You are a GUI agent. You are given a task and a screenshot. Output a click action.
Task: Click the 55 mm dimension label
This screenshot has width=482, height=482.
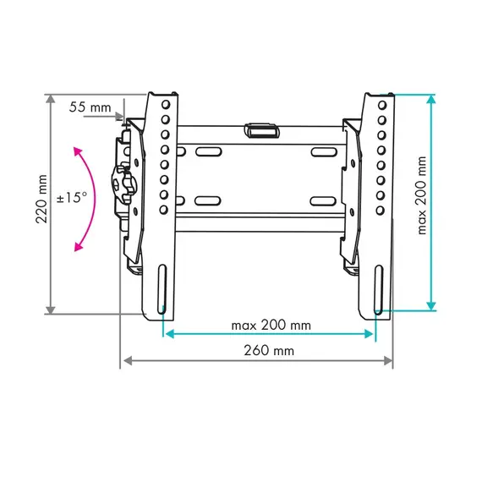90,107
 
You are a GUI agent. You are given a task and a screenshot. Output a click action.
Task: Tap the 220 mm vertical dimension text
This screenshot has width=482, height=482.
41,199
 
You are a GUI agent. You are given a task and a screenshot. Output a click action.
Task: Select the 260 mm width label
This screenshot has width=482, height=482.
269,350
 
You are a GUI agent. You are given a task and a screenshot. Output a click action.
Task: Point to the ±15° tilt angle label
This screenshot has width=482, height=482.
72,197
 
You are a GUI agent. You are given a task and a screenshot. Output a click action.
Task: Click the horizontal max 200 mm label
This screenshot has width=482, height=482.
271,326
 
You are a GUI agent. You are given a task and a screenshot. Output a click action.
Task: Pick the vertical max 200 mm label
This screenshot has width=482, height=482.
422,195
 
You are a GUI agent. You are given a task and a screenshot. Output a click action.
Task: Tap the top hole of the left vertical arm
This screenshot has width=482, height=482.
166,105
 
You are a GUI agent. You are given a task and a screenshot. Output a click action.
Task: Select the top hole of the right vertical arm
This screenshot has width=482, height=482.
382,105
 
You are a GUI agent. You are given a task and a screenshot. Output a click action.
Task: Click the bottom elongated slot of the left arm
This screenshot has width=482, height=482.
162,289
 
